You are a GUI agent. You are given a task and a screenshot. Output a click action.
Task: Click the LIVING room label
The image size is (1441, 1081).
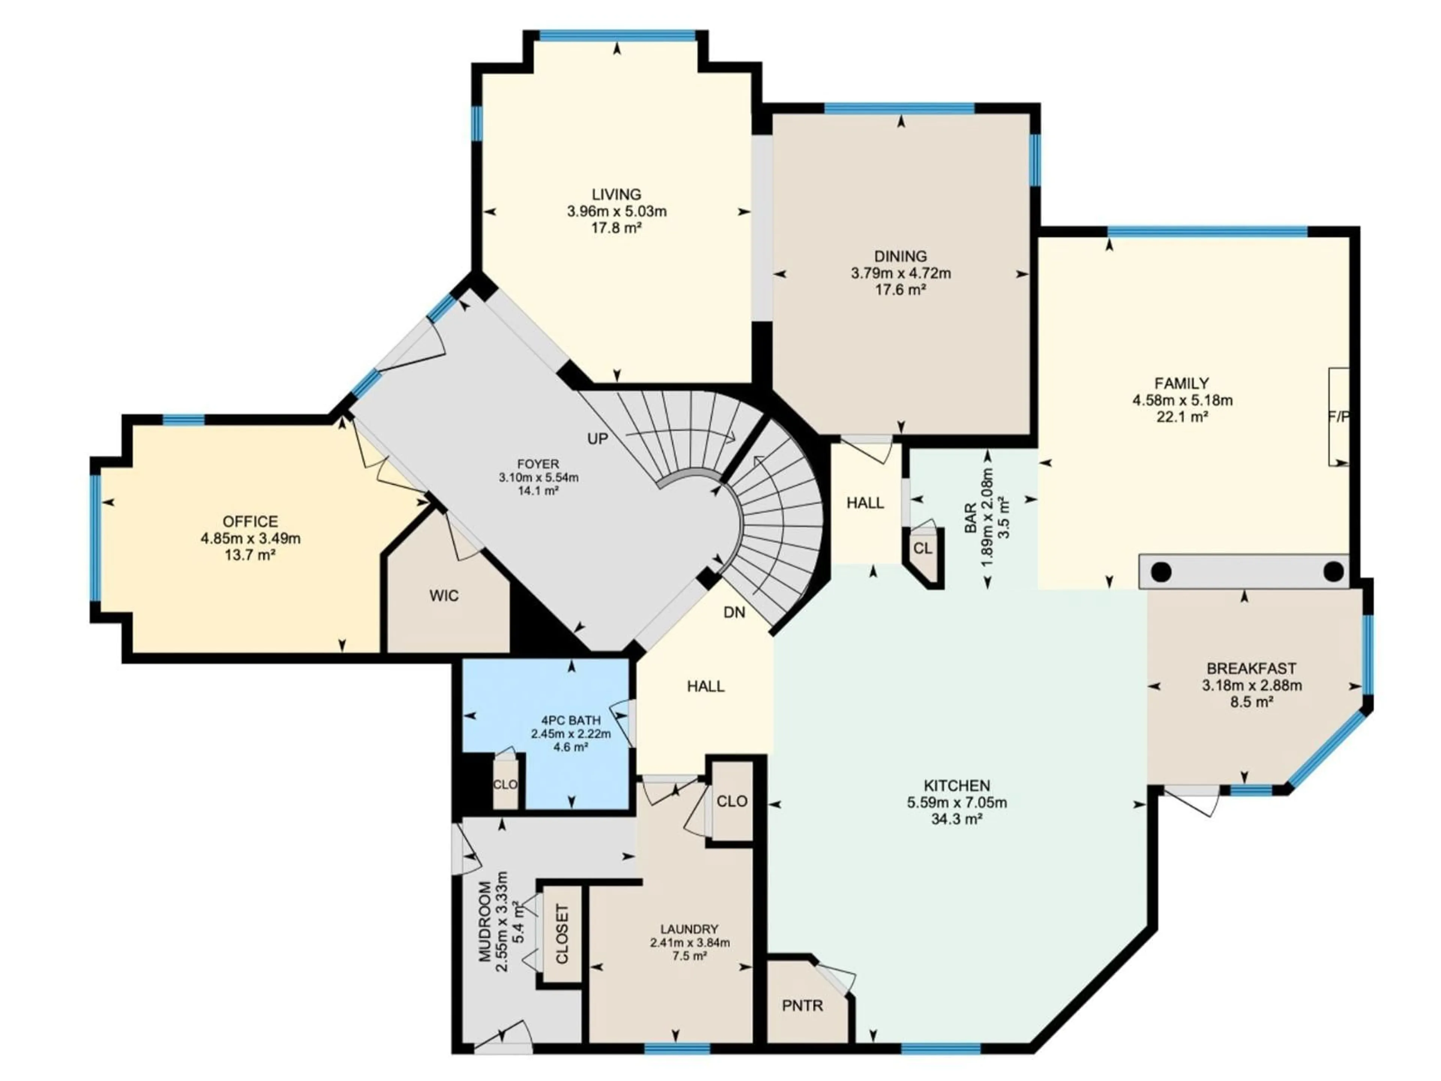click(x=616, y=194)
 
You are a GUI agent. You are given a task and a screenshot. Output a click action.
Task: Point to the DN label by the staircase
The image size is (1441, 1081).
click(x=734, y=613)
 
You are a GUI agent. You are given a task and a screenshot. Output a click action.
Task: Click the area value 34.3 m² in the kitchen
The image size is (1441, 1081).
click(x=956, y=819)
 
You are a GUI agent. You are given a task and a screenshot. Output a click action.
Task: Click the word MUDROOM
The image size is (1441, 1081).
click(x=485, y=921)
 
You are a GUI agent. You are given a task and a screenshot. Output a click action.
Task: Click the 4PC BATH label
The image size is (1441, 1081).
click(x=571, y=720)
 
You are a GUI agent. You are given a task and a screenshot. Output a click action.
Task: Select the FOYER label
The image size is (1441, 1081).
click(x=538, y=464)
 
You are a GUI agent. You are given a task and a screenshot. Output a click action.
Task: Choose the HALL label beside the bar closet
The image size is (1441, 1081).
click(x=865, y=502)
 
